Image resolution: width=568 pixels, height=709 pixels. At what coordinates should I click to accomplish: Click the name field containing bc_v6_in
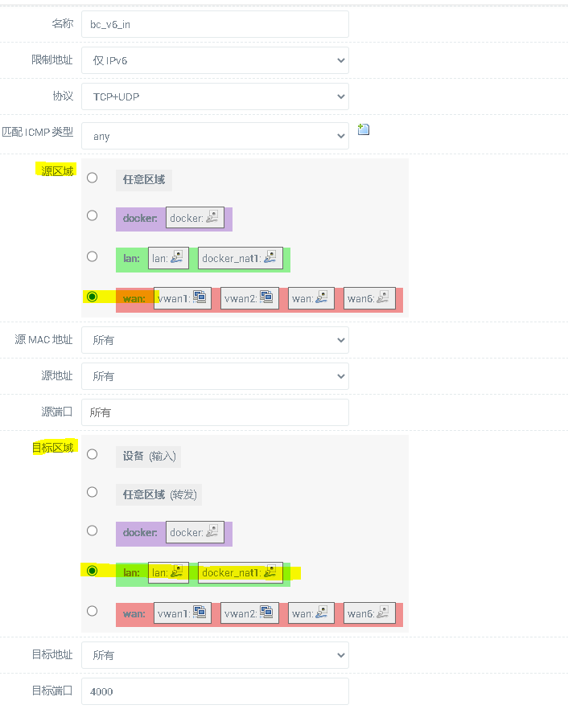pyautogui.click(x=215, y=24)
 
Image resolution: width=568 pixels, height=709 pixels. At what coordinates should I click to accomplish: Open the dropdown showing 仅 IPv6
pyautogui.click(x=215, y=60)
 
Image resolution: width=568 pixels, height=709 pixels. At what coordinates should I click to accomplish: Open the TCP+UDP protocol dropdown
pyautogui.click(x=215, y=96)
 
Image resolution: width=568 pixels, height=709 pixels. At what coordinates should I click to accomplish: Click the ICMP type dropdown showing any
pyautogui.click(x=215, y=136)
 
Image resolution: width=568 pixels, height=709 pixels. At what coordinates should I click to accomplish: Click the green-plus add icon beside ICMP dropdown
pyautogui.click(x=364, y=129)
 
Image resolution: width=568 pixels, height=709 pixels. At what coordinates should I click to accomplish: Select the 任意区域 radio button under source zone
pyautogui.click(x=93, y=178)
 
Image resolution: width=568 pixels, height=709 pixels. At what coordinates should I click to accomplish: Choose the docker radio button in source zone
pyautogui.click(x=93, y=215)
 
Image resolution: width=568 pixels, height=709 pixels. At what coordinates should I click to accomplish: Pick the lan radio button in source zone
pyautogui.click(x=93, y=256)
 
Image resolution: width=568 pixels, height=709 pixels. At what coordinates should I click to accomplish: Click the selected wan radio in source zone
pyautogui.click(x=93, y=297)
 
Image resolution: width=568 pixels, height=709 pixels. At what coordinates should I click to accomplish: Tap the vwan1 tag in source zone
pyautogui.click(x=183, y=298)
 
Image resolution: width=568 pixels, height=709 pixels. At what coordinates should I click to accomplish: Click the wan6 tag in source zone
pyautogui.click(x=369, y=298)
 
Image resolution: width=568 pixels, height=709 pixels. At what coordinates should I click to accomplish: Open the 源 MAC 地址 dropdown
pyautogui.click(x=215, y=340)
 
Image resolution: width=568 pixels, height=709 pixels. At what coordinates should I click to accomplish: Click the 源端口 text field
pyautogui.click(x=215, y=412)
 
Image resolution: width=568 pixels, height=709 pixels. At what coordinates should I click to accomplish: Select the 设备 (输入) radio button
pyautogui.click(x=93, y=454)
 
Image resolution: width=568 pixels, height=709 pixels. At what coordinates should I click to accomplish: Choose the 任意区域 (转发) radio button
pyautogui.click(x=93, y=492)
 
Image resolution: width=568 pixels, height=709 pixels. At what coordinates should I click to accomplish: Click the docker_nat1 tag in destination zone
pyautogui.click(x=241, y=573)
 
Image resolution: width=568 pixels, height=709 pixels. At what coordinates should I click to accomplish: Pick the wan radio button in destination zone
pyautogui.click(x=93, y=611)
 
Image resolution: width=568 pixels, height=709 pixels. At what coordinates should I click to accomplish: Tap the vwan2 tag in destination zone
pyautogui.click(x=249, y=613)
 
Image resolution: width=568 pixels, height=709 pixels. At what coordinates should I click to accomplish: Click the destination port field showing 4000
pyautogui.click(x=215, y=691)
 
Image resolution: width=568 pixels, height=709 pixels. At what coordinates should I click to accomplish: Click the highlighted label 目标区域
pyautogui.click(x=53, y=448)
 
